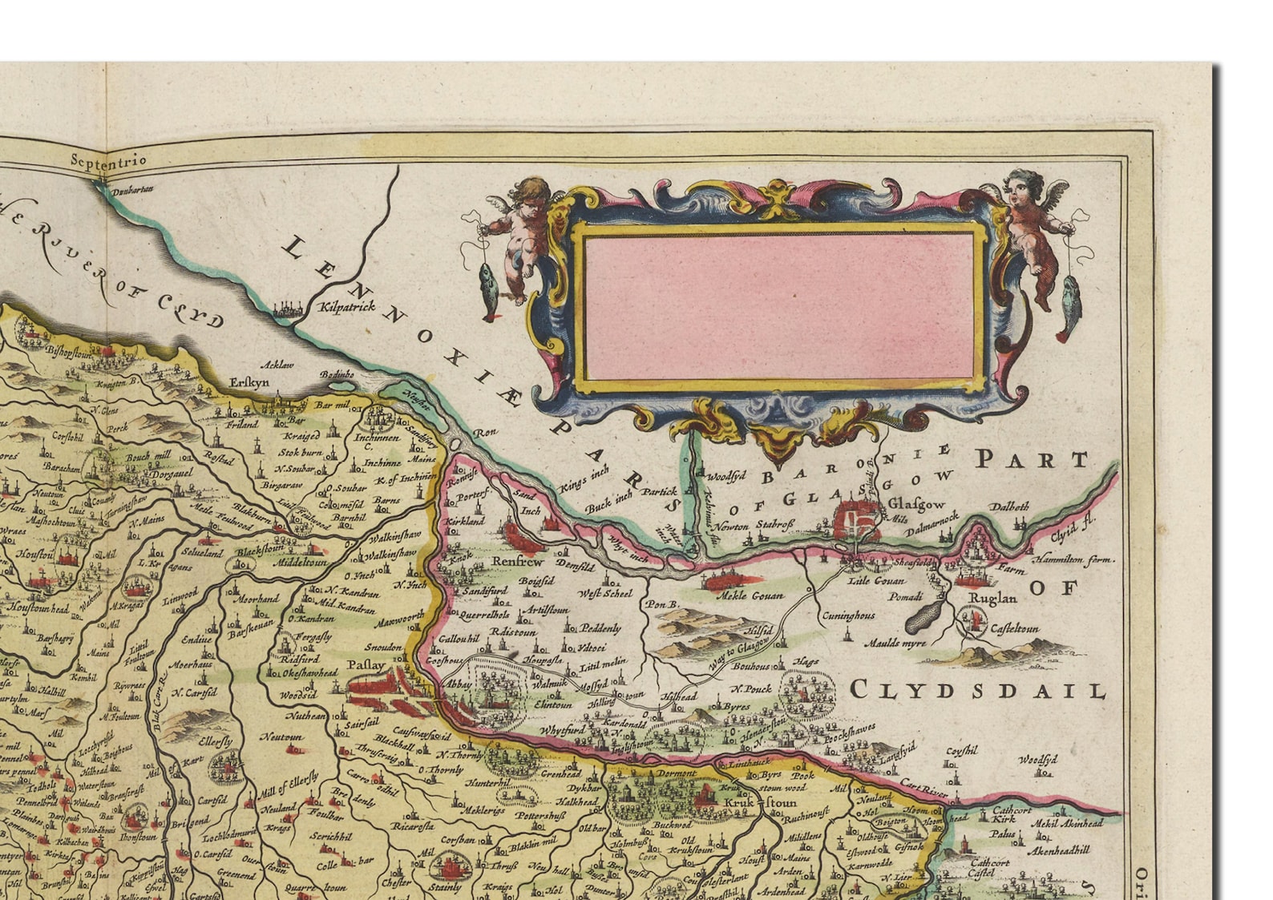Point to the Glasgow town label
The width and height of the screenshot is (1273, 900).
pyautogui.click(x=918, y=505)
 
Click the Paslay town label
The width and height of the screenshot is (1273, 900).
pyautogui.click(x=366, y=665)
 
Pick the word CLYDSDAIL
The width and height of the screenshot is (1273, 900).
pyautogui.click(x=977, y=690)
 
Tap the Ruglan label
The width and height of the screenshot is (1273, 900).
pyautogui.click(x=992, y=598)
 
